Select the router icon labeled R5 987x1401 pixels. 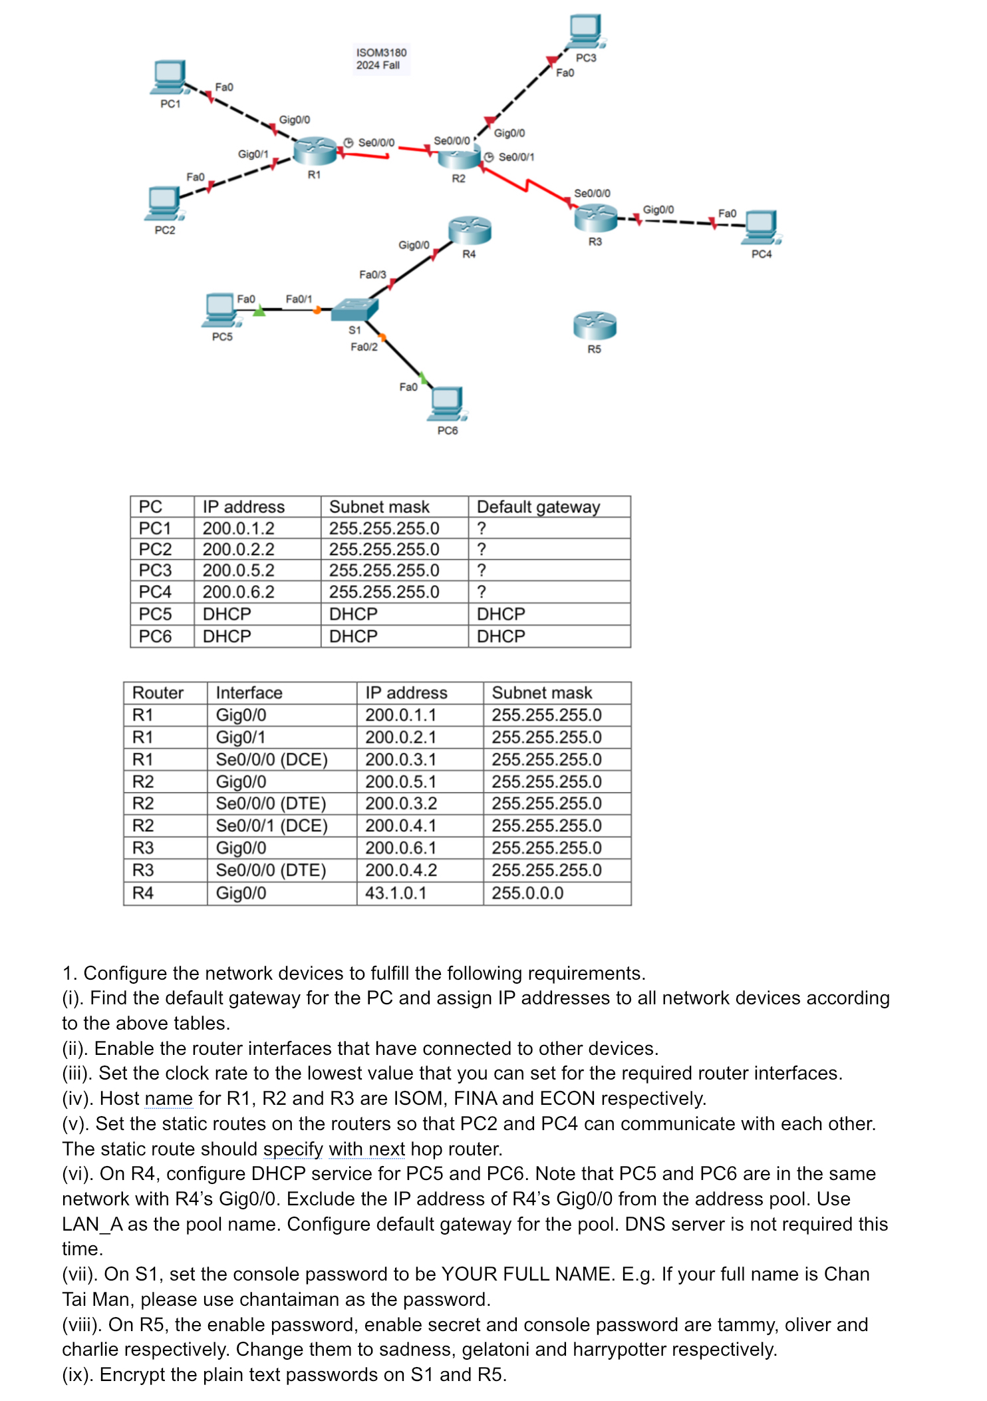[595, 325]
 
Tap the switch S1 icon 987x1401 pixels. [354, 309]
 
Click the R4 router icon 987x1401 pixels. [470, 230]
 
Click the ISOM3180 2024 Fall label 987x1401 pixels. [381, 59]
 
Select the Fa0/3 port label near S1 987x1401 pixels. [372, 274]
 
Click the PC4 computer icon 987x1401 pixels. [762, 228]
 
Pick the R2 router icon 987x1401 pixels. [458, 157]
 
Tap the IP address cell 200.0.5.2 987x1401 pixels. [238, 570]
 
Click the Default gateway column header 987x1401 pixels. [538, 507]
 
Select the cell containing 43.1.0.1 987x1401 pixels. [396, 893]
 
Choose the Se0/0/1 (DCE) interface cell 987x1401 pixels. [271, 826]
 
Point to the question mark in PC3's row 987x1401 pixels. [482, 570]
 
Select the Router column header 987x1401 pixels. [158, 693]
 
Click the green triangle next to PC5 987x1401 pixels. [259, 311]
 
